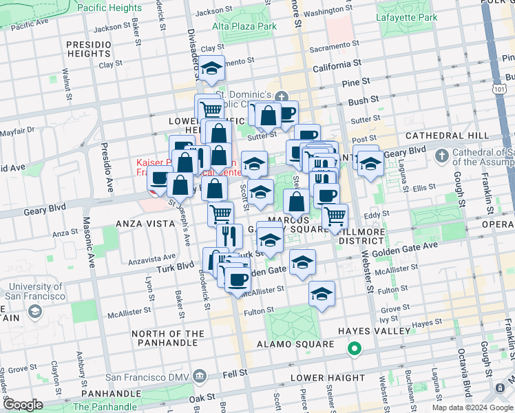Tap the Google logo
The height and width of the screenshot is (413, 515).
pyautogui.click(x=23, y=405)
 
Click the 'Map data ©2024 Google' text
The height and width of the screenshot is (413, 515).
pyautogui.click(x=472, y=407)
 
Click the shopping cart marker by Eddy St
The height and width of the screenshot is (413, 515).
pyautogui.click(x=335, y=216)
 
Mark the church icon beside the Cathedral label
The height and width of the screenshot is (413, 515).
pyautogui.click(x=442, y=155)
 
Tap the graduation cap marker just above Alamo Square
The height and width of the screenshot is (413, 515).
pyautogui.click(x=321, y=293)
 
